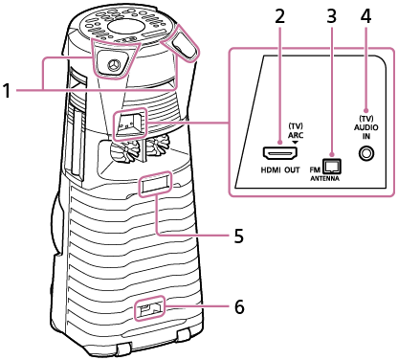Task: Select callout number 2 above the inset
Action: pyautogui.click(x=280, y=15)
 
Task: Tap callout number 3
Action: pyautogui.click(x=329, y=15)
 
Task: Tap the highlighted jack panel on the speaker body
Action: pyautogui.click(x=128, y=122)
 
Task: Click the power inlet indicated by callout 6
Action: pyautogui.click(x=150, y=309)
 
